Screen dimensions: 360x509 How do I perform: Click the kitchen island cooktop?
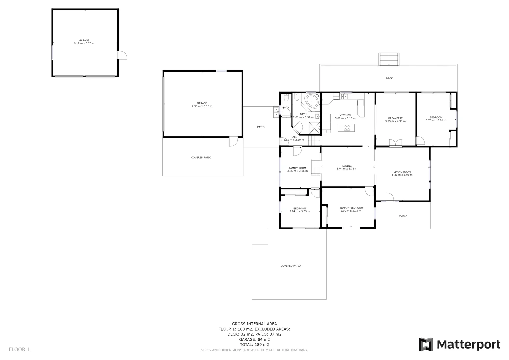click(x=347, y=127)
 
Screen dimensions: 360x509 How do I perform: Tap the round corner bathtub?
click(x=312, y=100)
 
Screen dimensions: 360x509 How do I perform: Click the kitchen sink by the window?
click(x=345, y=97)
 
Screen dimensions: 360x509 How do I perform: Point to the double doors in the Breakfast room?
click(x=395, y=143)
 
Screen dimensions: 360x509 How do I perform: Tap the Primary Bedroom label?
click(x=351, y=208)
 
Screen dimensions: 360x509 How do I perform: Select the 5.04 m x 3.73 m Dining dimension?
click(x=347, y=169)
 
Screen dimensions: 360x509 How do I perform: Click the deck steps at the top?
click(x=389, y=59)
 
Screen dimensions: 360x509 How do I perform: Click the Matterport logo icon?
click(x=426, y=344)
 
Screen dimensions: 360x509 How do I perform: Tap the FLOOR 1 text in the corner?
click(x=19, y=350)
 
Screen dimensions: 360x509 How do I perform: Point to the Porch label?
click(x=403, y=216)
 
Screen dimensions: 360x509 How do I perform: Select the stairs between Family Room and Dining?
click(x=316, y=167)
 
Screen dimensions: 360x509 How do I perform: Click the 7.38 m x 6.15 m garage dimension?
click(x=202, y=106)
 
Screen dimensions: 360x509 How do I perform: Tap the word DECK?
click(x=389, y=79)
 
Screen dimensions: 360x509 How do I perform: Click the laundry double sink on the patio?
click(x=276, y=112)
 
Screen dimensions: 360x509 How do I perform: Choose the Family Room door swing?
click(x=297, y=151)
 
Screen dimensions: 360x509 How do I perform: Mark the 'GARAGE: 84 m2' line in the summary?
click(x=254, y=339)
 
